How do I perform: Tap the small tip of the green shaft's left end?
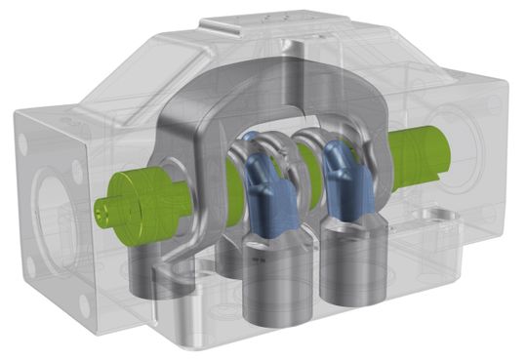(101, 208)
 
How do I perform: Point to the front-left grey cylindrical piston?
(276, 293)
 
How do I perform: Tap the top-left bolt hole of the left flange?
(20, 131)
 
